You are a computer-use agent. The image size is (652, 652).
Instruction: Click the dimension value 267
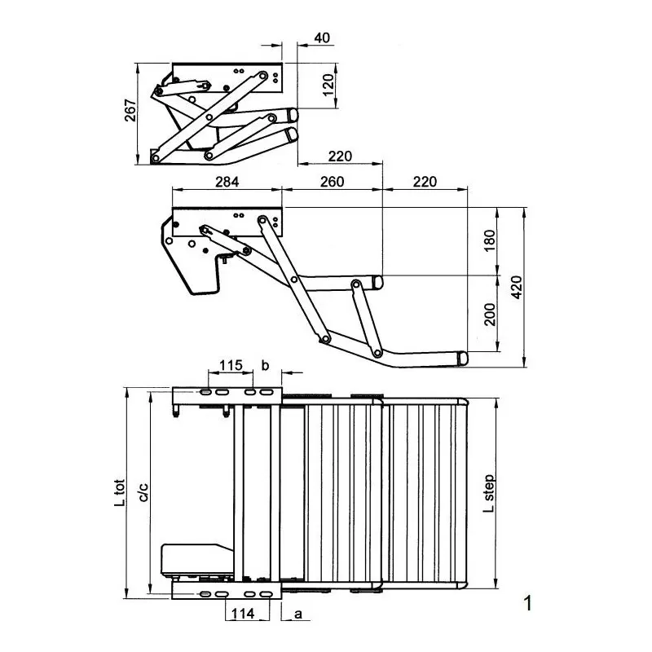[x=130, y=112]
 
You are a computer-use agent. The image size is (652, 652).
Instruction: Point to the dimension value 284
[x=227, y=183]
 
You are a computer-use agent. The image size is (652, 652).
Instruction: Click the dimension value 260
[x=332, y=183]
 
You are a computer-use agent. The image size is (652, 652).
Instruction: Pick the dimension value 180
[x=490, y=241]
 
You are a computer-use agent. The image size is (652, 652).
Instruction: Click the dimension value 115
[x=231, y=365]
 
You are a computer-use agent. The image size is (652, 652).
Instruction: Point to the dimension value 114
[x=244, y=613]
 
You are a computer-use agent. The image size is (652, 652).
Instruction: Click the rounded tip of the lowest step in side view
[x=463, y=358]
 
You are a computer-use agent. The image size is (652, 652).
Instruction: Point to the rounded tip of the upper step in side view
[x=377, y=282]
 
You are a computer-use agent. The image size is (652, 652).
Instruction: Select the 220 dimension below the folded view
[x=341, y=156]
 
